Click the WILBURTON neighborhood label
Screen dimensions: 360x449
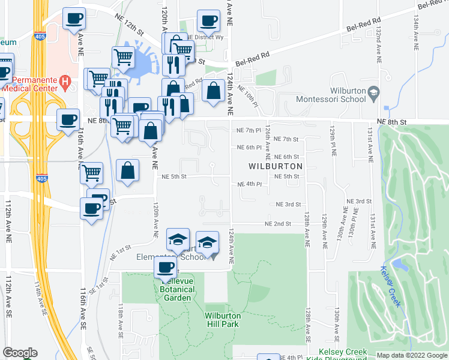click(276, 165)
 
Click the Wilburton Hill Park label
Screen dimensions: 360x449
click(222, 320)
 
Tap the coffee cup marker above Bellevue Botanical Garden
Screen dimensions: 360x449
click(165, 268)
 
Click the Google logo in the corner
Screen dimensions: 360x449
click(20, 353)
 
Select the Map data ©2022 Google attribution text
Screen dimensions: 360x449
click(411, 355)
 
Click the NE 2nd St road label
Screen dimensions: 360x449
click(279, 224)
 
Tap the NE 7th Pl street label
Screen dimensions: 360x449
click(249, 130)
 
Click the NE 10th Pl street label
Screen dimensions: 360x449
click(248, 96)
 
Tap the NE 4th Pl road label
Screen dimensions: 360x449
click(250, 184)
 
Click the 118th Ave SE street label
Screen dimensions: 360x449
click(121, 321)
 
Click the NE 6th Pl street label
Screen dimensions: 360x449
click(249, 147)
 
